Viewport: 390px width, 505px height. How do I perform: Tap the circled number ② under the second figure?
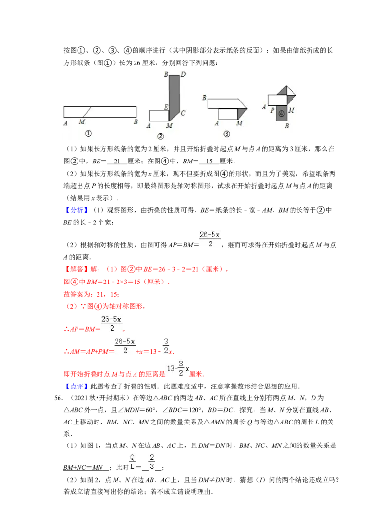160,136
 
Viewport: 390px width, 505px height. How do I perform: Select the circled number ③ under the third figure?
226,134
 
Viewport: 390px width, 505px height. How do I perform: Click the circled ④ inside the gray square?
281,114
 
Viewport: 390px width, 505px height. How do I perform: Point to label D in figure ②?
183,75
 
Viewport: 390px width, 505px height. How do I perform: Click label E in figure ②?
166,107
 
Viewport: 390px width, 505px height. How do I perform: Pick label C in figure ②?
183,113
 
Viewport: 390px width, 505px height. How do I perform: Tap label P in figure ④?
273,110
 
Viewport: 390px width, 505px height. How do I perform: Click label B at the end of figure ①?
136,122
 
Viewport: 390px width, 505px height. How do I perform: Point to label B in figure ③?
204,98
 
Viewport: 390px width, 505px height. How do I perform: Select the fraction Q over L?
132,462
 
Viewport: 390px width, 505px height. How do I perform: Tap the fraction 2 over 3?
152,462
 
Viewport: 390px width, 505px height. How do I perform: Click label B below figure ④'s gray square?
287,126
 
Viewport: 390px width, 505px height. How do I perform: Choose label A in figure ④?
264,107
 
